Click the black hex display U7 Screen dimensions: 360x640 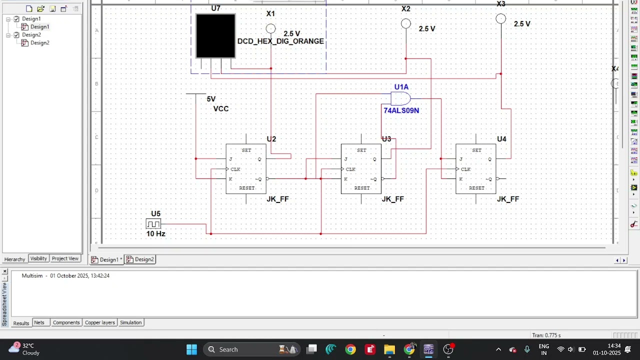coord(215,36)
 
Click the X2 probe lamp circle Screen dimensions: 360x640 coord(406,23)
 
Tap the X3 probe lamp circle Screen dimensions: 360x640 coord(500,19)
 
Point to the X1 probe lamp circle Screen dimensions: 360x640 coord(270,28)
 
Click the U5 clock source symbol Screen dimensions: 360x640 coord(153,224)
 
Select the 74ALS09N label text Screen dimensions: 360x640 coord(401,110)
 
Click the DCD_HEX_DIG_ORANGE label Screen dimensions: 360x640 coord(280,41)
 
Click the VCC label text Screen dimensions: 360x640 coord(221,109)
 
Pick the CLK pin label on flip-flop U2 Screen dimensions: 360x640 coord(235,169)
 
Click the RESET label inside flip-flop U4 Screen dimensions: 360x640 coord(476,188)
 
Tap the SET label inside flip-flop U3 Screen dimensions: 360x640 coord(361,150)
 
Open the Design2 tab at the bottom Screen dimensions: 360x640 coord(140,259)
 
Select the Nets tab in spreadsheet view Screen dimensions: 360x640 coord(39,322)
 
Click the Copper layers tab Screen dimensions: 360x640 coord(99,322)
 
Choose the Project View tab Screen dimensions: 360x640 coord(65,258)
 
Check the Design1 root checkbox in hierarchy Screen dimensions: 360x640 coord(16,19)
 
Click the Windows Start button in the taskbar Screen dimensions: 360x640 coord(191,349)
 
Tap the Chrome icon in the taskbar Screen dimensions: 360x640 coord(350,349)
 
